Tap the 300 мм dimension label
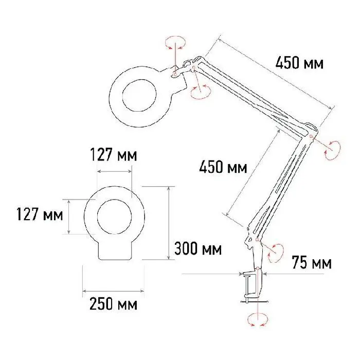coord(198,248)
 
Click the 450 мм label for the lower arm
coord(223,167)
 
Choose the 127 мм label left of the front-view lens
coord(40,214)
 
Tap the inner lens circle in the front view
coord(115,217)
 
